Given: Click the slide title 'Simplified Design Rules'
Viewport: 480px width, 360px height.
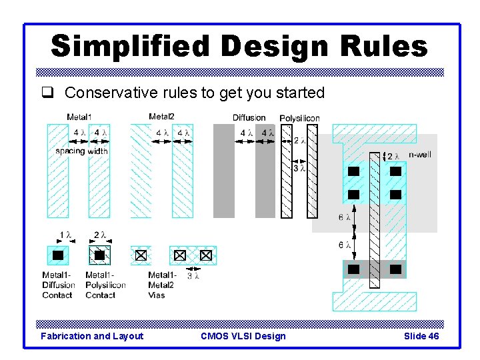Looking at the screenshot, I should tap(239, 47).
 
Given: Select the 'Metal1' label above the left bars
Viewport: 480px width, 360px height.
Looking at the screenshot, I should tap(79, 117).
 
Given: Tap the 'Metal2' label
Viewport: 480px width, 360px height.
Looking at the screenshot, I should tap(161, 117).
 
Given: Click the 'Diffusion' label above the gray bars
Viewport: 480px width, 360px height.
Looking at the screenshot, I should tap(249, 118).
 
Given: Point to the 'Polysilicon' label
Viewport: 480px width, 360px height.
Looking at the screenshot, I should tap(299, 118).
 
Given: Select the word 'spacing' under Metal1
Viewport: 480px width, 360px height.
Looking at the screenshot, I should tap(70, 151).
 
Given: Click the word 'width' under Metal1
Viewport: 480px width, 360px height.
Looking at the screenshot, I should tap(97, 151).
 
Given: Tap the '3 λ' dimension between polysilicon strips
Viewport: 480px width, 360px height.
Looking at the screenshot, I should tap(300, 169).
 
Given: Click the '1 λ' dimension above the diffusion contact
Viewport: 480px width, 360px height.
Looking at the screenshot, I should tap(65, 235).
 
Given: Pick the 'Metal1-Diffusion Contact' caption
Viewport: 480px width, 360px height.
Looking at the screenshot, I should tap(59, 285).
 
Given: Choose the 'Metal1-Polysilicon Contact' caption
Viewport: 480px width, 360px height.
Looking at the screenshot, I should tap(105, 285).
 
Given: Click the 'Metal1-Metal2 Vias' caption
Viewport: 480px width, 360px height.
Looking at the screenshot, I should tap(162, 285).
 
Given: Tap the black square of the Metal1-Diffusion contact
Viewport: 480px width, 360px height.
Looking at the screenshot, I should tap(58, 255).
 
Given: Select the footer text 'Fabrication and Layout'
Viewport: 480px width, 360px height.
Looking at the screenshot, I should tap(91, 336).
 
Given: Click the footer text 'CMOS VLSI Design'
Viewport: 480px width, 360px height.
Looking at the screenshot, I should tap(243, 336).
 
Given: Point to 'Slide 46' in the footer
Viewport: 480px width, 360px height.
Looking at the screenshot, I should tap(421, 336).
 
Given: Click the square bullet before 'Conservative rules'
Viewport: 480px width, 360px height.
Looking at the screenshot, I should tap(55, 93).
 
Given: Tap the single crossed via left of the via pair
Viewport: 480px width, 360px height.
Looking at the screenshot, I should tap(140, 255).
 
